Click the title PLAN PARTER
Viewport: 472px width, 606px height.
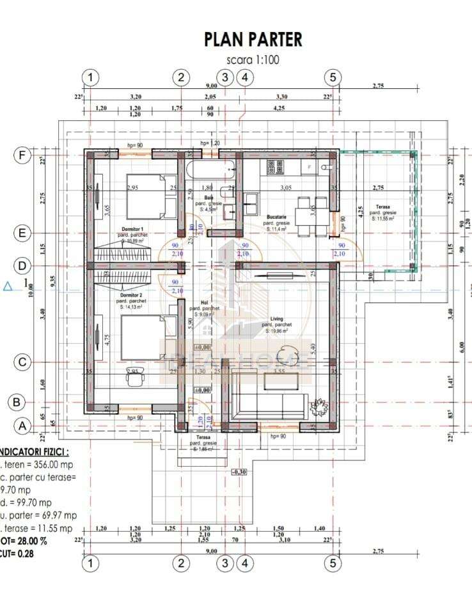(x=253, y=39)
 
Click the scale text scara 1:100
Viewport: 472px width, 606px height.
(x=253, y=59)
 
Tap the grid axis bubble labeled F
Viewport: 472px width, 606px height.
(x=22, y=155)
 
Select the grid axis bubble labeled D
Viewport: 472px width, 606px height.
(x=22, y=265)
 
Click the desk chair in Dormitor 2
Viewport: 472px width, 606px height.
(x=134, y=378)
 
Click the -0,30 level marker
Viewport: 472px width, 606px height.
(x=239, y=472)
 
